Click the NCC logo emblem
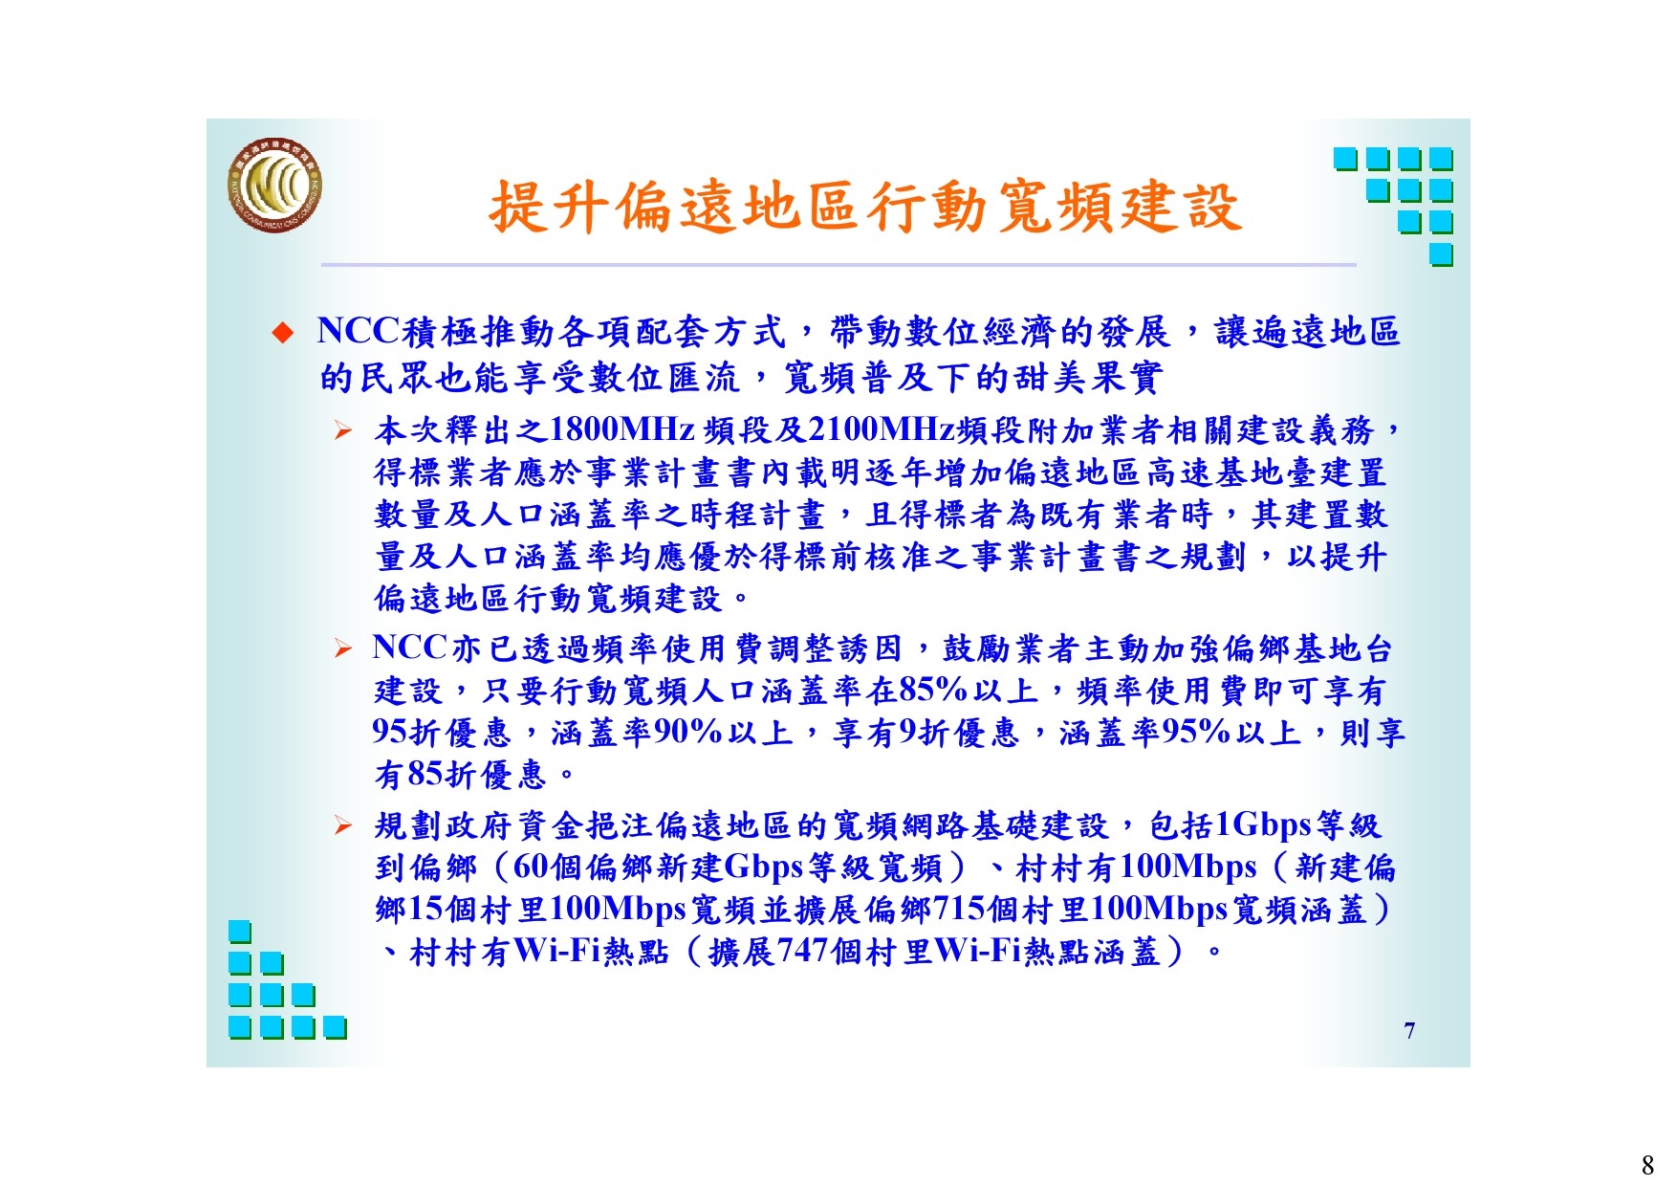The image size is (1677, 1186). pyautogui.click(x=274, y=187)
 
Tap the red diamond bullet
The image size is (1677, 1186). pyautogui.click(x=282, y=333)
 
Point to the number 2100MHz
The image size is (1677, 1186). pyautogui.click(x=882, y=429)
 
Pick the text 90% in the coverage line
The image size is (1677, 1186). pyautogui.click(x=687, y=732)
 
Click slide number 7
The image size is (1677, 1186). pyautogui.click(x=1409, y=1030)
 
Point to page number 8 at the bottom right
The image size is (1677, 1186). pyautogui.click(x=1647, y=1164)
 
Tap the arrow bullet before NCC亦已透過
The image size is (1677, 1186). pyautogui.click(x=344, y=650)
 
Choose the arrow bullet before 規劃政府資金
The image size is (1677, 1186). pyautogui.click(x=344, y=825)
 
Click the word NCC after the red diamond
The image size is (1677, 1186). pyautogui.click(x=358, y=331)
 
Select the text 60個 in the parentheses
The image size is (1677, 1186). pyautogui.click(x=547, y=867)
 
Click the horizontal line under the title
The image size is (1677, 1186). pyautogui.click(x=838, y=264)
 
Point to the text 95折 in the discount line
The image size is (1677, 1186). pyautogui.click(x=405, y=732)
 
